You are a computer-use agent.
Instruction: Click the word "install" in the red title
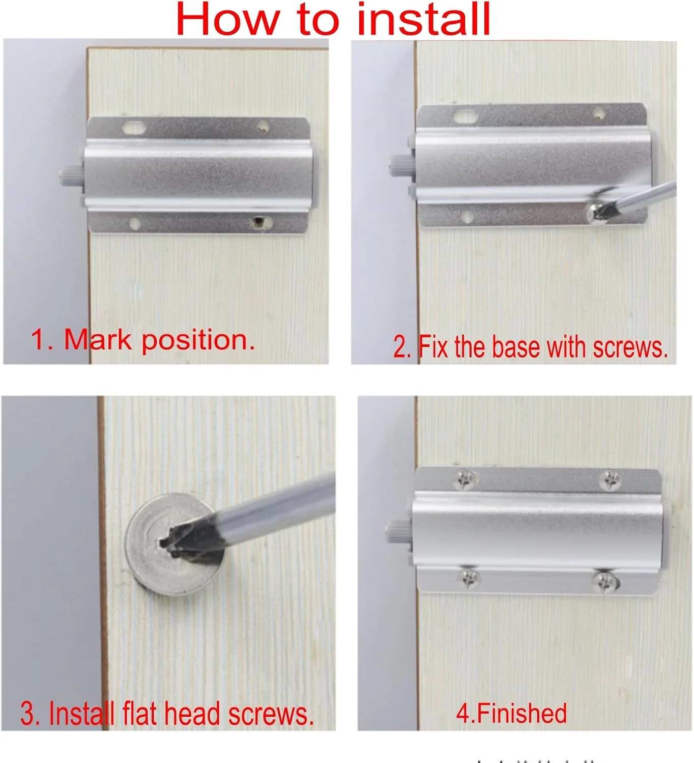pos(424,19)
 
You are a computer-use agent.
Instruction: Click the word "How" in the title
pos(228,19)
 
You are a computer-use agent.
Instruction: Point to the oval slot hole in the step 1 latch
pos(133,128)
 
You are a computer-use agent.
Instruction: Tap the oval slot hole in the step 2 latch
pos(466,115)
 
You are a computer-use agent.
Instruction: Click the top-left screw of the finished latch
pos(466,480)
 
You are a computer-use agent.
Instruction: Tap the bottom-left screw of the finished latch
pos(468,578)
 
